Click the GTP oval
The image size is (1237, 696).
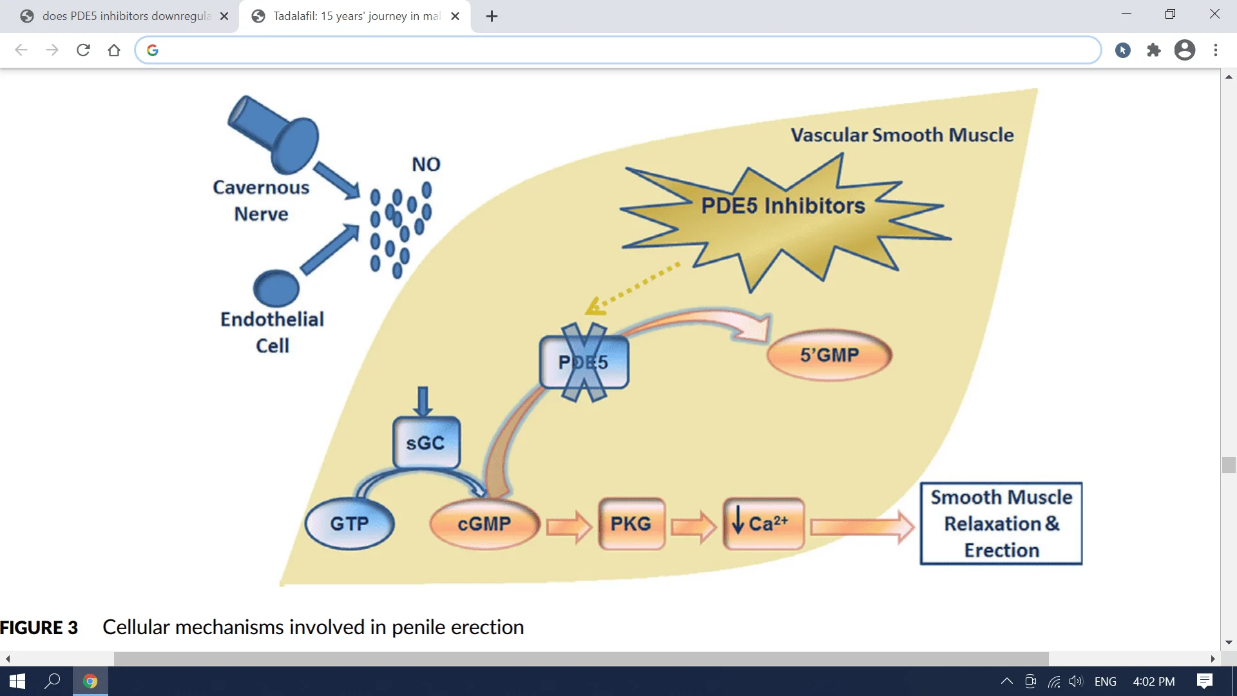(349, 523)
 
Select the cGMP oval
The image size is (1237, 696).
(484, 523)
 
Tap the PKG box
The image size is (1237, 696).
(631, 523)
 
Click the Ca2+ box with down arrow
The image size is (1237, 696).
(763, 523)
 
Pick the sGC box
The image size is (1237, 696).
(426, 443)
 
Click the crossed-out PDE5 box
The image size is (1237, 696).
(584, 362)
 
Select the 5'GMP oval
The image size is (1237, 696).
(829, 354)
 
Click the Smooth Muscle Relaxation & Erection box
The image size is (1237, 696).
(1001, 523)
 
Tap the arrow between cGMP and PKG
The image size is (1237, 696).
(569, 526)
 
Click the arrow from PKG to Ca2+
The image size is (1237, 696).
(694, 526)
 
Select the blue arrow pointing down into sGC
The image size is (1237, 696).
(423, 401)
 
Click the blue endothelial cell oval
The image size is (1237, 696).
(276, 288)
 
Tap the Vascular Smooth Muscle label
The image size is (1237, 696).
(902, 135)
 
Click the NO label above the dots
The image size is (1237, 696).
(426, 164)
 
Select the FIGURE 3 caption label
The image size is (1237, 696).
(39, 627)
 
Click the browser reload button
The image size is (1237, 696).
(83, 50)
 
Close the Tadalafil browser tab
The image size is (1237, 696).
(455, 16)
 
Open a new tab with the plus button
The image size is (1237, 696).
(492, 16)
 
